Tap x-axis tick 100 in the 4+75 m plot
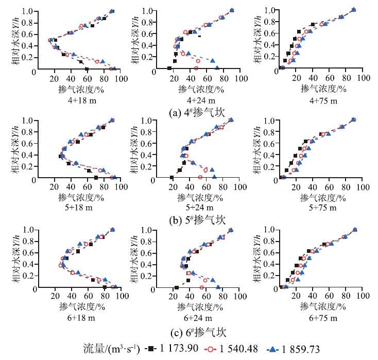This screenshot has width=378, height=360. pos(364,80)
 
